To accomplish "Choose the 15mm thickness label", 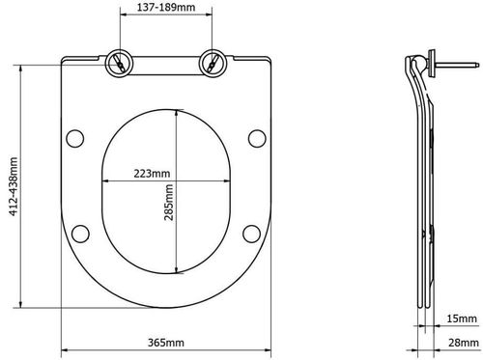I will coord(459,318).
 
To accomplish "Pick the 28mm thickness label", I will coord(459,344).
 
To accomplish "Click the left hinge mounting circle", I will coord(118,62).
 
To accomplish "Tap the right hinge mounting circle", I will coord(210,62).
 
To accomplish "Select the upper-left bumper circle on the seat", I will coord(72,137).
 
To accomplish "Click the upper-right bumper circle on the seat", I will coord(255,137).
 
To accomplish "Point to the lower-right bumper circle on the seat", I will coord(249,232).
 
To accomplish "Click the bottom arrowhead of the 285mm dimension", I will coord(175,269).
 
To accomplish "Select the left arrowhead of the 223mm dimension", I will coord(105,183).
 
